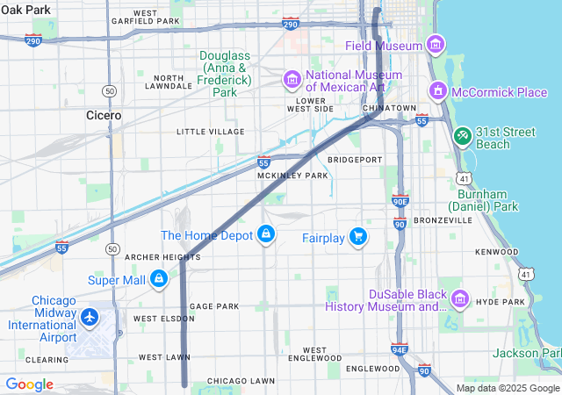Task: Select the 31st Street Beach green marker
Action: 463,137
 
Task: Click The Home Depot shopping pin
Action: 265,235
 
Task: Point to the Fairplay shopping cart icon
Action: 357,237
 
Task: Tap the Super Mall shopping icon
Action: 158,280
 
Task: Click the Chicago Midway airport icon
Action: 90,316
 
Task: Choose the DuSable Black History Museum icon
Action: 458,300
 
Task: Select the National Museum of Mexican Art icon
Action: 292,81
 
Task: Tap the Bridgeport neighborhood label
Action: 355,160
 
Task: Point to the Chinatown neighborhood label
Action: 389,108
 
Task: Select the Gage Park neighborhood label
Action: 214,306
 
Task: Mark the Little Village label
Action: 210,132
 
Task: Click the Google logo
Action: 29,384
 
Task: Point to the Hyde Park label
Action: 500,301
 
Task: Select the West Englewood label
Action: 313,354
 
